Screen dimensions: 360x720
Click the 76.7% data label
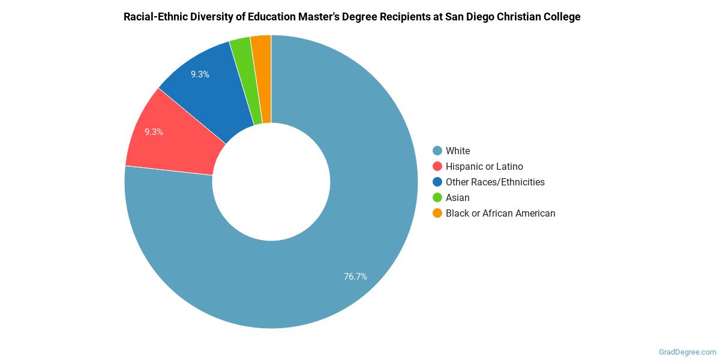(x=355, y=277)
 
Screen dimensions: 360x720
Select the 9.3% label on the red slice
(x=154, y=132)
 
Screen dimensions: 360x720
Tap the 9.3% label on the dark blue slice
(x=200, y=74)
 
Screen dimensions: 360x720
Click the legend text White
(x=458, y=151)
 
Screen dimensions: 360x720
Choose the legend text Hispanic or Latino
(x=484, y=166)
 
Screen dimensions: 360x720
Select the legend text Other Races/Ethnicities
(x=495, y=182)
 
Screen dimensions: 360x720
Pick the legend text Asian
(x=458, y=197)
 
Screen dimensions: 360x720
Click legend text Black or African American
(x=500, y=213)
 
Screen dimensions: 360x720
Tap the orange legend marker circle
(x=437, y=213)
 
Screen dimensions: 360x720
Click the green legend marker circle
(x=437, y=197)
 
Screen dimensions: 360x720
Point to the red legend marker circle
(x=437, y=166)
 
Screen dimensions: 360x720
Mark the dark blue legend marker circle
(x=437, y=182)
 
